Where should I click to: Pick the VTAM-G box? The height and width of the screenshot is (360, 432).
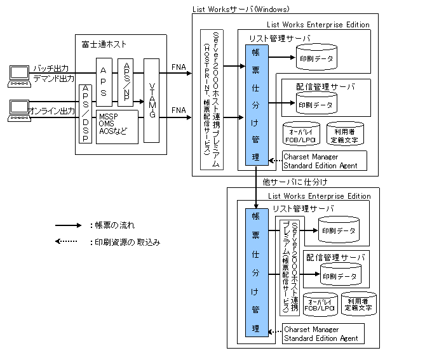tap(151, 100)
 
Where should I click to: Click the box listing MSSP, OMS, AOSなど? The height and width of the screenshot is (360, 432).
tap(117, 124)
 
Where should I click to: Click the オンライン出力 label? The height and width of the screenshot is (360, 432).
tap(51, 111)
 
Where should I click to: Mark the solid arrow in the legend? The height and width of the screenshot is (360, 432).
tap(68, 225)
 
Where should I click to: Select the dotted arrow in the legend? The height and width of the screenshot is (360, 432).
tap(68, 242)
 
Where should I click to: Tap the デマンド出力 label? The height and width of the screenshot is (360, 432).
tap(53, 78)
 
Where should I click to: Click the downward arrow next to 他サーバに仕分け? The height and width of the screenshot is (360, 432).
tap(255, 187)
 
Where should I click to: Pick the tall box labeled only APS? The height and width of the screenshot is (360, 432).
tap(104, 81)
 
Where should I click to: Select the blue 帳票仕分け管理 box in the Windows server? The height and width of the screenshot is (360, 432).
tap(255, 105)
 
